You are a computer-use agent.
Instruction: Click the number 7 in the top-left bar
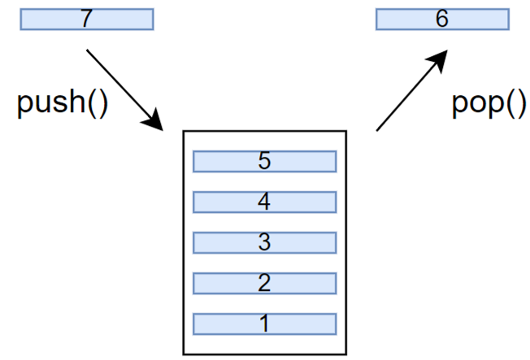[87, 18]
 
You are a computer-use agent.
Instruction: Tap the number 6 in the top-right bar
[442, 18]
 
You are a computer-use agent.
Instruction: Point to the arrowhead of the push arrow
[154, 120]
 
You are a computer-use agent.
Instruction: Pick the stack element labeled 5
[265, 162]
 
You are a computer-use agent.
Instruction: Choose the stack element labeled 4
[265, 202]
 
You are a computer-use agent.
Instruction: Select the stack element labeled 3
[265, 243]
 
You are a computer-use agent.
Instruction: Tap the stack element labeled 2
[265, 284]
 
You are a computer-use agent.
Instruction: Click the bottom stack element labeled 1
[265, 324]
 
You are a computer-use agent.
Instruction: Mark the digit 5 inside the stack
[264, 161]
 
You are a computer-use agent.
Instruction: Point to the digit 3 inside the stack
[264, 241]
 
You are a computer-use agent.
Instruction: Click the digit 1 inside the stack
[265, 323]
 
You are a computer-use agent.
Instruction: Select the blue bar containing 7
[87, 20]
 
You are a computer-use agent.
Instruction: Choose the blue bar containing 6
[442, 20]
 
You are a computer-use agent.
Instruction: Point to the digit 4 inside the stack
[264, 202]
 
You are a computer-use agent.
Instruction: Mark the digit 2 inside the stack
[264, 283]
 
